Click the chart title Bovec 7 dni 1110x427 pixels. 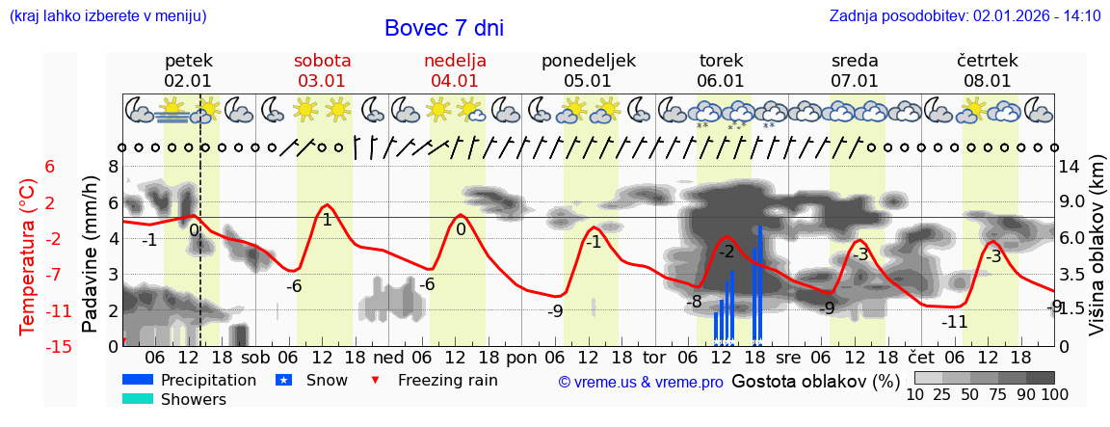[443, 28]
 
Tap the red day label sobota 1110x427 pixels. [322, 61]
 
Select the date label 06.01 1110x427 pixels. [721, 81]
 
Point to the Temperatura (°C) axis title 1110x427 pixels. [28, 256]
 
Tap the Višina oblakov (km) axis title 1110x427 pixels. [1097, 254]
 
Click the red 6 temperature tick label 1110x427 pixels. [50, 167]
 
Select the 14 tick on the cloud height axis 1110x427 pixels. [1070, 167]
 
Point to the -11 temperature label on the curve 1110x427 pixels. [955, 322]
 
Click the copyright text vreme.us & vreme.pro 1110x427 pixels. [641, 382]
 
